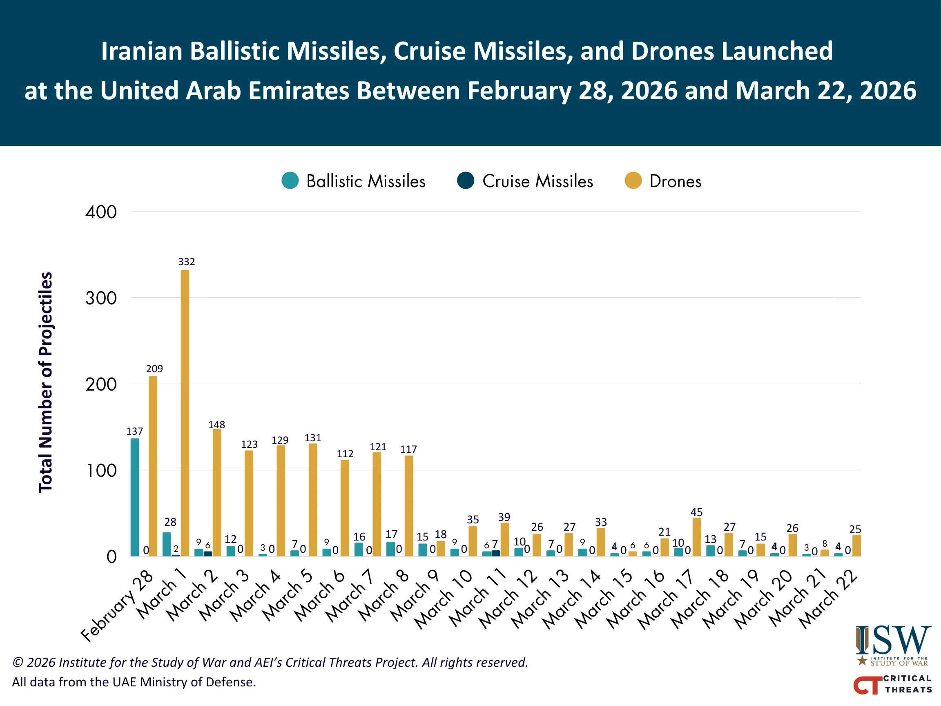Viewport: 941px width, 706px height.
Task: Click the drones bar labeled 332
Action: [185, 413]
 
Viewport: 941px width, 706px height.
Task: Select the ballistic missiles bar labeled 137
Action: [134, 497]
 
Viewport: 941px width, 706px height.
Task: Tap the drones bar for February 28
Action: [153, 466]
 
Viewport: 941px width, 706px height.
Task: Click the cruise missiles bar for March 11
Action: [495, 553]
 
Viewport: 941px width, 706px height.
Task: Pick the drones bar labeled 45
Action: [696, 536]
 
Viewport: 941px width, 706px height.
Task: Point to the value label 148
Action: [216, 424]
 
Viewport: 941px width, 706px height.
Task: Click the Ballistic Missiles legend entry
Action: [353, 181]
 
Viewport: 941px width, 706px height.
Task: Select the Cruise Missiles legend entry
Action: [524, 181]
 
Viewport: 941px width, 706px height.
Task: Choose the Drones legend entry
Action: [663, 181]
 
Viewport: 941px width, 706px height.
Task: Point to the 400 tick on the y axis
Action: [101, 212]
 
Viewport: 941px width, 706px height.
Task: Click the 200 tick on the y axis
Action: [101, 384]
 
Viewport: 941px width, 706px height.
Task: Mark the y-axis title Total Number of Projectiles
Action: [45, 382]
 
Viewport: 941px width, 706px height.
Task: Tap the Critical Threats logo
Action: [892, 684]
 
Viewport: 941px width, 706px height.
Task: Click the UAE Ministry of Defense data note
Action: [134, 682]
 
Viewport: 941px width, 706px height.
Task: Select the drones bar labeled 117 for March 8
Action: [408, 505]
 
